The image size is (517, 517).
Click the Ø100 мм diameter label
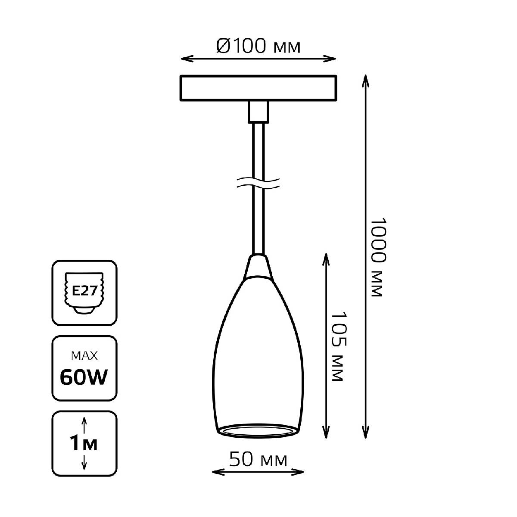(x=258, y=46)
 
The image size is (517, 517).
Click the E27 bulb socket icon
(x=84, y=293)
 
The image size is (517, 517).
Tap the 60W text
(x=84, y=377)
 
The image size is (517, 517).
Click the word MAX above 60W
(x=84, y=356)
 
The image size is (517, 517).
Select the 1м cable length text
(x=84, y=443)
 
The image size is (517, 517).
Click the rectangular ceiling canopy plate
(x=258, y=88)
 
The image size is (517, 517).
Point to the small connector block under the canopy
(x=258, y=112)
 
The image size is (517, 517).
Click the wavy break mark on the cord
(x=258, y=183)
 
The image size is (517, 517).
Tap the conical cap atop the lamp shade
(x=258, y=266)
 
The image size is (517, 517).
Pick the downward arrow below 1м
(x=84, y=461)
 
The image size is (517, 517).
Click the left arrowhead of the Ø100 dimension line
(x=187, y=59)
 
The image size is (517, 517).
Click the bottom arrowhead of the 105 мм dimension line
(x=326, y=432)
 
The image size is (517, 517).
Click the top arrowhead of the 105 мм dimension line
(x=326, y=260)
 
